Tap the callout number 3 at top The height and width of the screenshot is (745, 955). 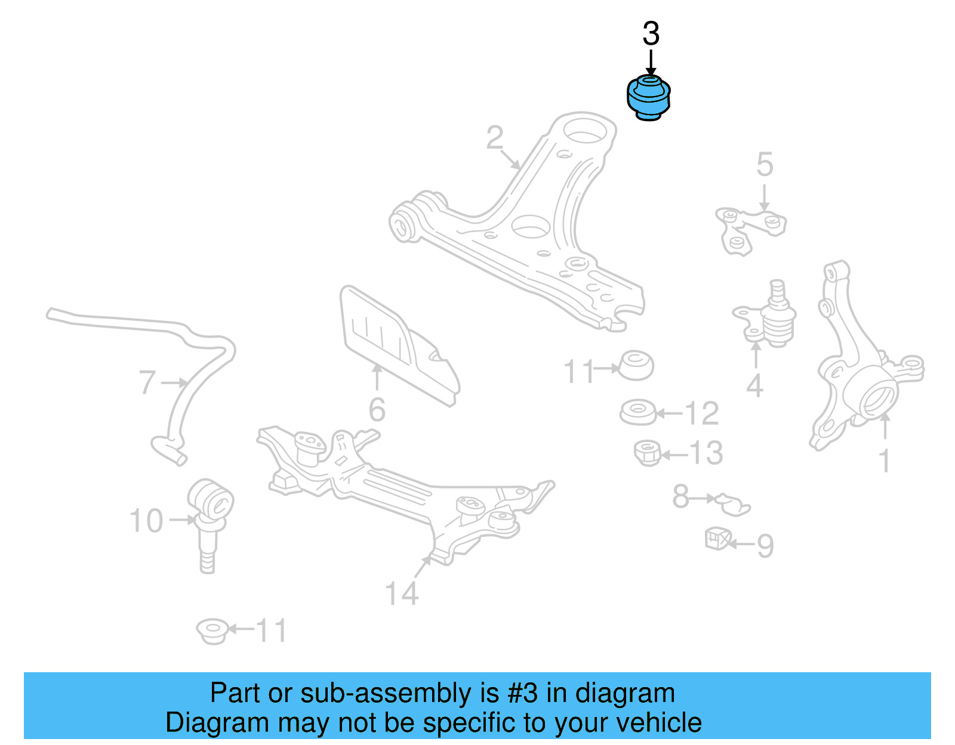pos(651,34)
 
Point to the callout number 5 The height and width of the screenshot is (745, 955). pos(765,165)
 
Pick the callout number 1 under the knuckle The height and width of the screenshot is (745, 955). pos(885,461)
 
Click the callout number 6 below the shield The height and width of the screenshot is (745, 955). pos(377,410)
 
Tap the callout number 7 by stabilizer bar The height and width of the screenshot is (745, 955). pos(147,382)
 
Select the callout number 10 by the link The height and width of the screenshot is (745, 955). pos(146,521)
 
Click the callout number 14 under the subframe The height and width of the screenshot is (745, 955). pos(402,593)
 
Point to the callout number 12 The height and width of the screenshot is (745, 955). pos(701,413)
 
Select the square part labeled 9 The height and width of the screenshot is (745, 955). pos(717,538)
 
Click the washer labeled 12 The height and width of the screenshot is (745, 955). pos(637,413)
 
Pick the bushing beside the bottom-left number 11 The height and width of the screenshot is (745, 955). pos(212,631)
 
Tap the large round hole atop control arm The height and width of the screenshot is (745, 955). pos(585,131)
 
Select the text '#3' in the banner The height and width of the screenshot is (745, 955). pos(523,694)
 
